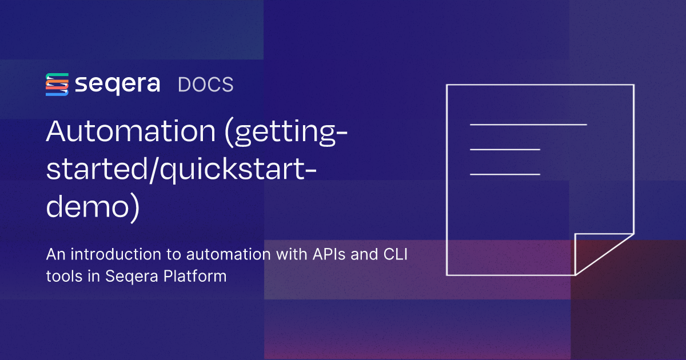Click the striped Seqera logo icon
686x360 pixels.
(x=57, y=85)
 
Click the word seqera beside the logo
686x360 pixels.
(x=118, y=85)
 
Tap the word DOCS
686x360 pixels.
(x=205, y=85)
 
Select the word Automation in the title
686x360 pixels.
(x=131, y=131)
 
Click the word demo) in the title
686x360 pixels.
(x=93, y=208)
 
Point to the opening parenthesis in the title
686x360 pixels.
(x=229, y=133)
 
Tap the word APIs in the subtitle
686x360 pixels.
(x=329, y=254)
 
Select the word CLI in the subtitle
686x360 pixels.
(x=396, y=254)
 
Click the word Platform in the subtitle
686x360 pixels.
(x=195, y=276)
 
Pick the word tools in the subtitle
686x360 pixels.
(x=64, y=276)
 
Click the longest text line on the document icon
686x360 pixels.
(x=528, y=125)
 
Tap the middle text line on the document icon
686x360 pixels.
(x=505, y=149)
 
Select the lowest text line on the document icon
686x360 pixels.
(x=505, y=174)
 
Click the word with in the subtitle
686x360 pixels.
(x=292, y=254)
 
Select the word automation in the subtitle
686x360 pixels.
(x=229, y=254)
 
